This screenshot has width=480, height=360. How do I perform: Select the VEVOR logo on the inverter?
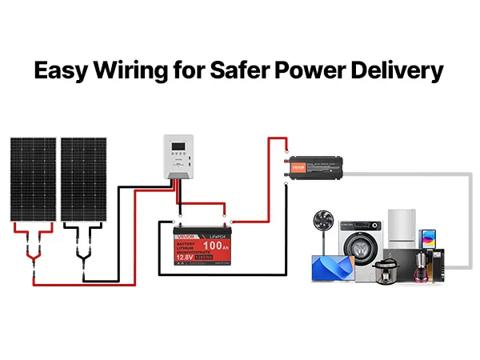point(299,170)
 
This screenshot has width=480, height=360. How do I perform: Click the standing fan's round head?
point(325,222)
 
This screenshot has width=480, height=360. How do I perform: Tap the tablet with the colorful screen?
point(428,240)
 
